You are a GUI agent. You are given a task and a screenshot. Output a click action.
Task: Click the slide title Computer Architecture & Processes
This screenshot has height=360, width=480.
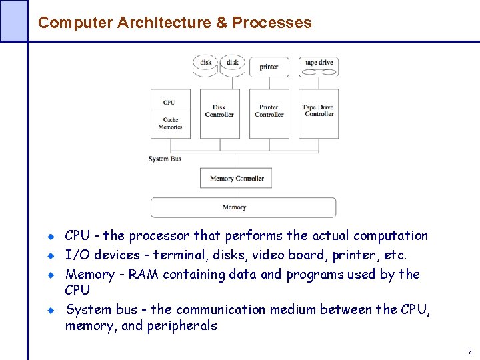click(x=175, y=23)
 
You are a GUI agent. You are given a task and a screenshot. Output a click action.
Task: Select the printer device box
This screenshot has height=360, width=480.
click(x=269, y=67)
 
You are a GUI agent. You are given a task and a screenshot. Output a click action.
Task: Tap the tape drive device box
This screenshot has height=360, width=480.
click(x=319, y=66)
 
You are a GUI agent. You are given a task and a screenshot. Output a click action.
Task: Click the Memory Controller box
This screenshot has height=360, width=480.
click(x=236, y=178)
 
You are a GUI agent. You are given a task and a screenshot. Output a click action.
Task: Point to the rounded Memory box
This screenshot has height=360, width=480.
click(x=243, y=207)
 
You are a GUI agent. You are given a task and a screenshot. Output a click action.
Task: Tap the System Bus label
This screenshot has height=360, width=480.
click(x=165, y=159)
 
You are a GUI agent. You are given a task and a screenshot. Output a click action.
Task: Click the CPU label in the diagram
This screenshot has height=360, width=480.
click(x=169, y=102)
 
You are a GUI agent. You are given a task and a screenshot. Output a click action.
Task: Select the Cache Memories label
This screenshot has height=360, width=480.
click(x=170, y=124)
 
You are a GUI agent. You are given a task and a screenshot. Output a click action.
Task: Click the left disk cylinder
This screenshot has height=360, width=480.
click(x=206, y=65)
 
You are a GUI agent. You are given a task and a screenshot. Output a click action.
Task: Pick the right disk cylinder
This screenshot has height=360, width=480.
click(x=233, y=65)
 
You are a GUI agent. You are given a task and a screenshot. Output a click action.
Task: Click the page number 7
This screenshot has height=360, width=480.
click(x=469, y=352)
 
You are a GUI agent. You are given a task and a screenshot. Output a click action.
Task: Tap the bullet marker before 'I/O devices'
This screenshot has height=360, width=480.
click(x=51, y=255)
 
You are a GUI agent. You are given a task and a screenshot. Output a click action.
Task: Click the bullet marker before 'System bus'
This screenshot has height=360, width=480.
click(x=51, y=310)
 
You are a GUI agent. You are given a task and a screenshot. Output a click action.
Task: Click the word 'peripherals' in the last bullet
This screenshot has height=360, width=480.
click(x=181, y=326)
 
